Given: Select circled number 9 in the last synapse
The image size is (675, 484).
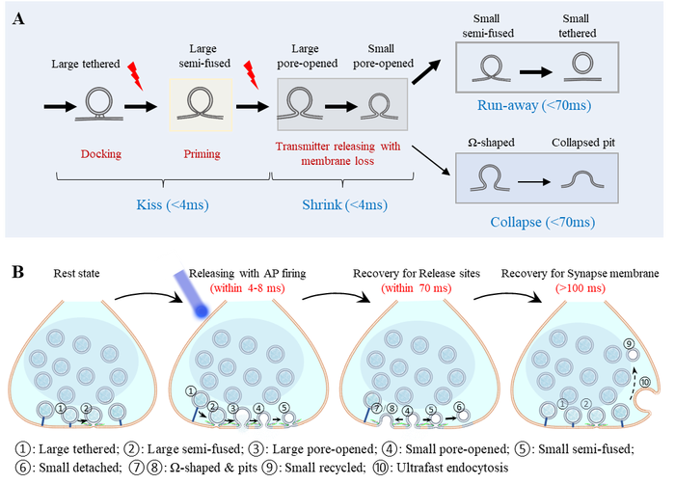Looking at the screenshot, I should coord(629,344).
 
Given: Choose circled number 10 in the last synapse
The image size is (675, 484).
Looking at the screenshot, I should coord(645,383).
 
